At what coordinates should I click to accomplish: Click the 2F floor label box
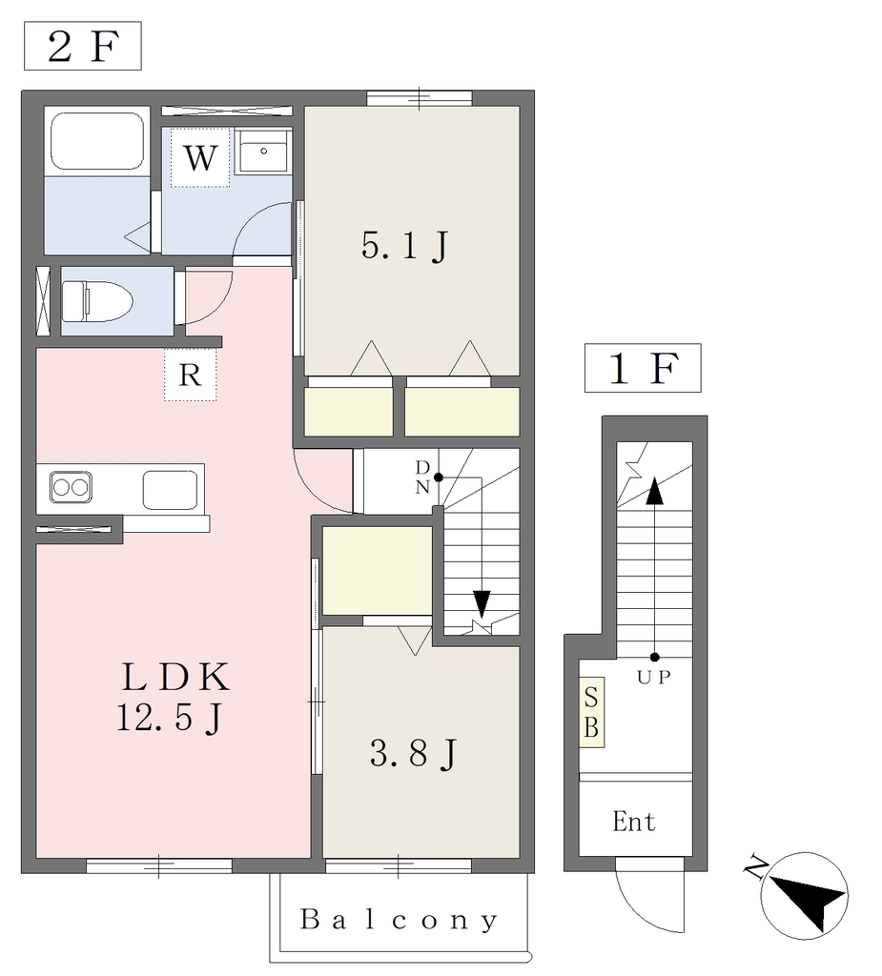(x=83, y=46)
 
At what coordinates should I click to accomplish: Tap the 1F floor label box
(x=643, y=368)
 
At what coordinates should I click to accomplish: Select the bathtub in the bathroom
(x=96, y=141)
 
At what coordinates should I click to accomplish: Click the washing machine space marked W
(x=200, y=157)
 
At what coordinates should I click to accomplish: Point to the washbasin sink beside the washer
(x=263, y=152)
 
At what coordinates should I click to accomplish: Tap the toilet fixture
(x=98, y=301)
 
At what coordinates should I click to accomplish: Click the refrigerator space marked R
(x=190, y=375)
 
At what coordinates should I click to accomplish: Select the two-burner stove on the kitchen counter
(x=71, y=487)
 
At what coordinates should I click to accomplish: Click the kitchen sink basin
(x=170, y=490)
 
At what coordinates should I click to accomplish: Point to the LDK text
(x=176, y=678)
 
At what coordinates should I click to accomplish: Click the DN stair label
(x=422, y=477)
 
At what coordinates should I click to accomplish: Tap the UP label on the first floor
(x=654, y=678)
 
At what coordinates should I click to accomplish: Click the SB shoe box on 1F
(x=592, y=712)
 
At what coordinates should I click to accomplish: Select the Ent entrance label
(x=634, y=822)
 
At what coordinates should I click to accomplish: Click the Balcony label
(x=400, y=920)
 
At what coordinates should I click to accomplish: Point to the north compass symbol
(x=804, y=896)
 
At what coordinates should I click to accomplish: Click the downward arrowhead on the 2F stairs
(x=482, y=603)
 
